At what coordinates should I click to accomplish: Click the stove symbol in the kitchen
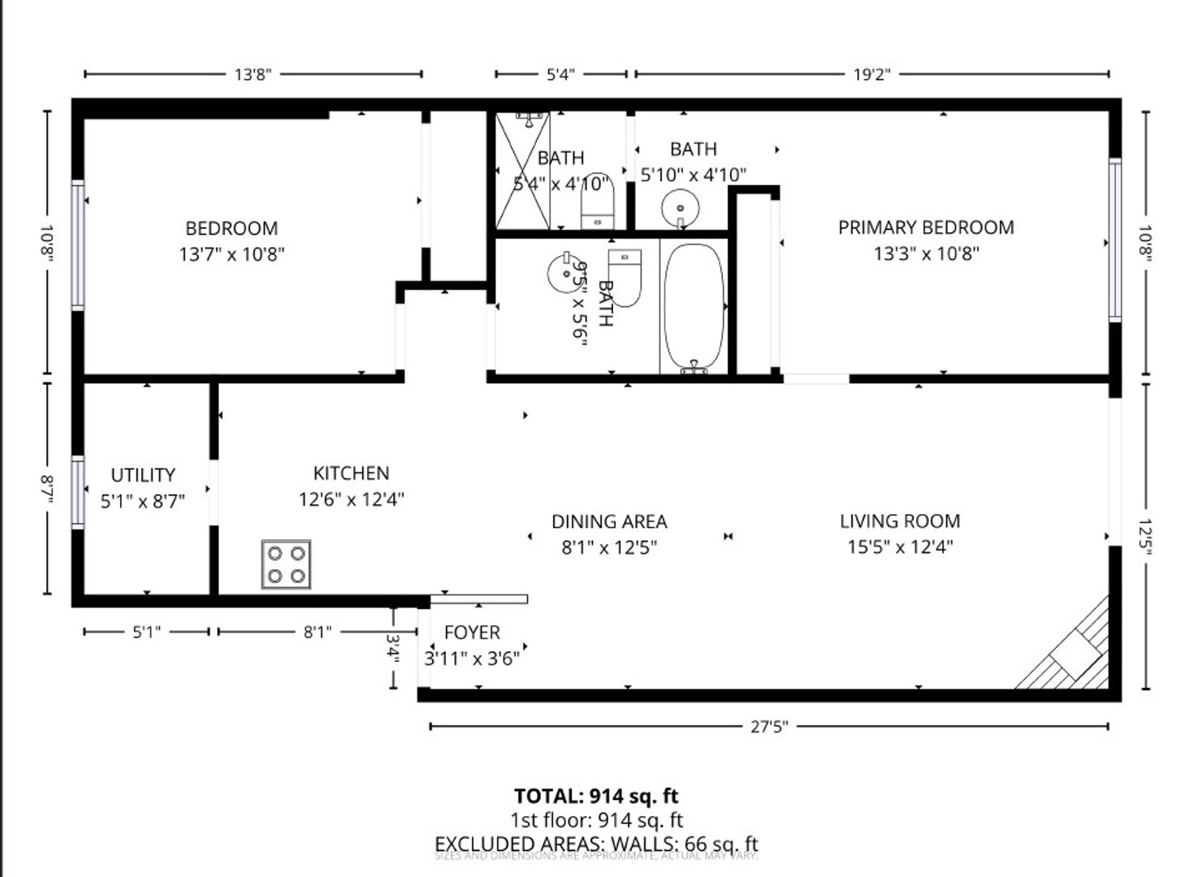(286, 564)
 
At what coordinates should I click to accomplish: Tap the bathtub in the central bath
(693, 307)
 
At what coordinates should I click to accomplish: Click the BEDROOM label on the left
(231, 228)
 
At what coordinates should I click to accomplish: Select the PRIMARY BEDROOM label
(926, 227)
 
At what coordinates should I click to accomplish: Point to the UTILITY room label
(143, 475)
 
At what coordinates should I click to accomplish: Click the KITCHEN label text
(351, 473)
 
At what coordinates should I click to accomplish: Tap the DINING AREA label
(609, 522)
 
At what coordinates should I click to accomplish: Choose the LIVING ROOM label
(900, 521)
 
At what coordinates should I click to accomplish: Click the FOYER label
(472, 633)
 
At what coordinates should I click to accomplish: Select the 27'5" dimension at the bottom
(768, 727)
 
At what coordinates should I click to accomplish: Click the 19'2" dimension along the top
(871, 75)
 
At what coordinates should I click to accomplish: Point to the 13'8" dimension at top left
(253, 75)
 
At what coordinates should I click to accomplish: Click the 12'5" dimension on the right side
(1146, 537)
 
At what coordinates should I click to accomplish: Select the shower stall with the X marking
(522, 171)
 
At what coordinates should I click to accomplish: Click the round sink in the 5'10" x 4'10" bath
(679, 208)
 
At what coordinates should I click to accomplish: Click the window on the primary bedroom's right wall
(1115, 240)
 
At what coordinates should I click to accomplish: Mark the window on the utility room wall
(78, 492)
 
